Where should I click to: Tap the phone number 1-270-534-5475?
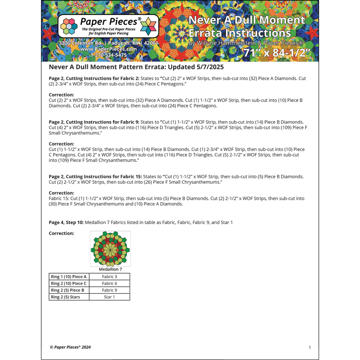pos(108,55)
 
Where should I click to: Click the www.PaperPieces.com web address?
pos(108,49)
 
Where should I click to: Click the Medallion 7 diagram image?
pos(110,249)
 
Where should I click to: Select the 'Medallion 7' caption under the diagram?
pos(110,269)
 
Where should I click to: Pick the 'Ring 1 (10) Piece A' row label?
pos(68,277)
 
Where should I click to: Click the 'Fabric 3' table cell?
pos(109,277)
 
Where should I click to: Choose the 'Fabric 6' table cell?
pos(109,283)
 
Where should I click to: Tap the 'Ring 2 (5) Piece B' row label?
pos(68,290)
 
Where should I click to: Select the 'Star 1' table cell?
pos(109,297)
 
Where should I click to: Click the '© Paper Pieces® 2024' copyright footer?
pos(70,347)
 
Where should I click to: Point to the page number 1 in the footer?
pos(310,347)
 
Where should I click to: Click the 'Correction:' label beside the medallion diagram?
pos(61,234)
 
